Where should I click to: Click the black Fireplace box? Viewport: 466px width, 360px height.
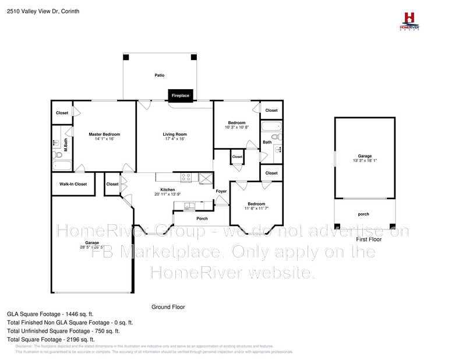180,96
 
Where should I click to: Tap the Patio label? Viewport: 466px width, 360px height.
159,76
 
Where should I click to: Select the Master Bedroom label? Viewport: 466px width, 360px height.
104,135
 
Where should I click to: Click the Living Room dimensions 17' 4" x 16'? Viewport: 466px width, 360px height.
174,139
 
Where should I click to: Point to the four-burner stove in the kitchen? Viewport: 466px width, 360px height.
187,177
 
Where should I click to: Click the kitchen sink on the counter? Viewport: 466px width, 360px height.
189,204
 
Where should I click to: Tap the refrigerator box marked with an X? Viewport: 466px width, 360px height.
205,178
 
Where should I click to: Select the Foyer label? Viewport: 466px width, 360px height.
221,191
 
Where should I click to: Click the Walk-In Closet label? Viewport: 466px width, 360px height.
73,184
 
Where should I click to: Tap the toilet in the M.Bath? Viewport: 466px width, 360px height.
57,142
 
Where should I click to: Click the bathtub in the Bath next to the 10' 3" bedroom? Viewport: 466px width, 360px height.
271,127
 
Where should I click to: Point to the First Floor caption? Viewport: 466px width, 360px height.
368,239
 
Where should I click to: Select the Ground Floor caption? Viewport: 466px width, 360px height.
168,306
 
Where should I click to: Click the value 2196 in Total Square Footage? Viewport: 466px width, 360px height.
75,339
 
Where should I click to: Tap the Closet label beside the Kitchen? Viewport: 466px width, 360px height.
112,184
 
